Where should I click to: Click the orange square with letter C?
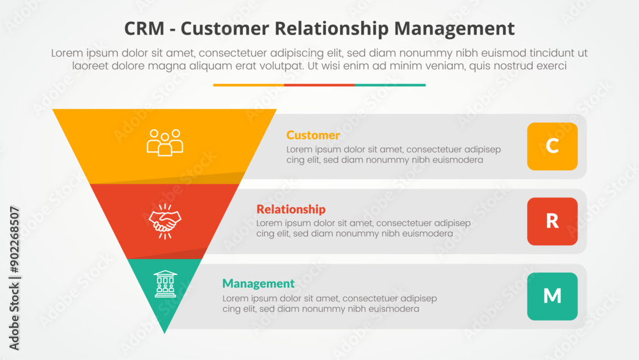pos(552,146)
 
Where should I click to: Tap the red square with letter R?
pos(552,221)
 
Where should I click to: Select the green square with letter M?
pos(552,296)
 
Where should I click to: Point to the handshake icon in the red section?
pos(165,221)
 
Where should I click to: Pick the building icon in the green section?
pos(165,283)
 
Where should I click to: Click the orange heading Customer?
pos(313,135)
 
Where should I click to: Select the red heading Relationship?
pos(291,209)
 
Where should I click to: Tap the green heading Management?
pos(258,283)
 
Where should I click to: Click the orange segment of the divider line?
pos(249,85)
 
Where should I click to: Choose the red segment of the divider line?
pos(319,85)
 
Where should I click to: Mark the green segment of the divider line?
pos(390,85)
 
